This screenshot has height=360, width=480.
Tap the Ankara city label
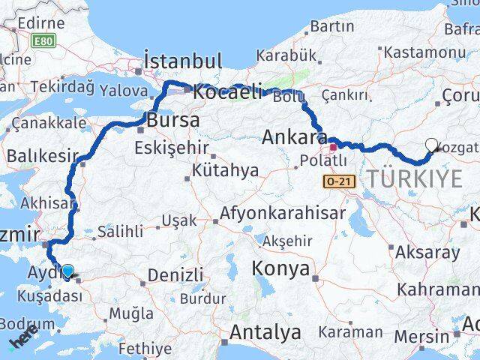pyautogui.click(x=294, y=138)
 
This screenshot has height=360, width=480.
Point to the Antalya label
pyautogui.click(x=266, y=331)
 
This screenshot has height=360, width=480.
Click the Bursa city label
pyautogui.click(x=173, y=120)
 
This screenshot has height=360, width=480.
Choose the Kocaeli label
pyautogui.click(x=227, y=92)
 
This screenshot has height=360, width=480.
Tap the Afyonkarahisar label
pyautogui.click(x=282, y=214)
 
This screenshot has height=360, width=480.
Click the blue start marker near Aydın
pyautogui.click(x=68, y=271)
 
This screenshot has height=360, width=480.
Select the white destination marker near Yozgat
pyautogui.click(x=431, y=145)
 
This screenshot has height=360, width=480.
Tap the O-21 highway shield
pyautogui.click(x=339, y=181)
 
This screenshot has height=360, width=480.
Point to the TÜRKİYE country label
pyautogui.click(x=414, y=177)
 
